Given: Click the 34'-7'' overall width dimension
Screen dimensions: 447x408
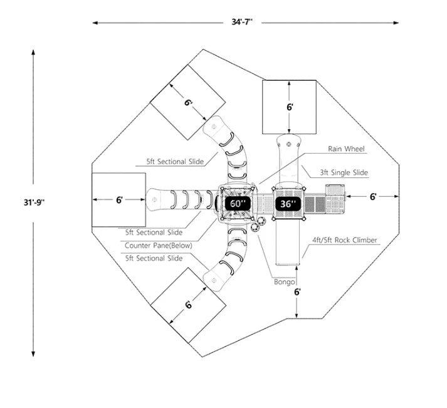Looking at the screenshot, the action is click(x=242, y=22).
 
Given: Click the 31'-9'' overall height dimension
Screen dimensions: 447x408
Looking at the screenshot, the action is click(x=34, y=202).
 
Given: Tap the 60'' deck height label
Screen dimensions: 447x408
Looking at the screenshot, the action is click(x=238, y=204).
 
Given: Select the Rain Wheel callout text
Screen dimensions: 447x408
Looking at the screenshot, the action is click(x=346, y=149).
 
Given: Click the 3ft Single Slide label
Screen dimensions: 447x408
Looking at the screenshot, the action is click(x=344, y=172).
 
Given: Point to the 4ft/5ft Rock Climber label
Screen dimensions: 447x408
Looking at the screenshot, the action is click(x=344, y=240).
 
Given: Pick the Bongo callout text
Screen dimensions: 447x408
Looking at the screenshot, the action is click(x=284, y=282).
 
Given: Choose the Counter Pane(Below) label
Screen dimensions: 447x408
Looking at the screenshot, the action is click(x=158, y=245).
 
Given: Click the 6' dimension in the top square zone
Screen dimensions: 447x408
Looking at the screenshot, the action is click(x=290, y=107).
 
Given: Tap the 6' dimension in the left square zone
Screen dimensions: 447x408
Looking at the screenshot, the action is click(x=119, y=200).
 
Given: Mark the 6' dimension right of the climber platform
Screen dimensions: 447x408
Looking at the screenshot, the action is click(x=373, y=196).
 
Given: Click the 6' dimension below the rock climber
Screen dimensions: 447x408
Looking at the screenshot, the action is click(x=297, y=292).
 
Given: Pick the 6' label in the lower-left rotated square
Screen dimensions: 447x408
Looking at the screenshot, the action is click(x=189, y=305).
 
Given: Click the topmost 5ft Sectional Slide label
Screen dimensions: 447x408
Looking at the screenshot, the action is click(x=175, y=162).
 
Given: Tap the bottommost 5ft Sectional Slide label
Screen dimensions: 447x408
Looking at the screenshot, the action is click(x=154, y=258).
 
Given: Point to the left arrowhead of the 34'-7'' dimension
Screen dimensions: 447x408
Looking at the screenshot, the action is click(x=95, y=23).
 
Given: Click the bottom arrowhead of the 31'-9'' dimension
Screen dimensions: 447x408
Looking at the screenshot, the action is click(x=33, y=353).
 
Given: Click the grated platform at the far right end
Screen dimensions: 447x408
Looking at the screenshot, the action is click(x=335, y=199).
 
